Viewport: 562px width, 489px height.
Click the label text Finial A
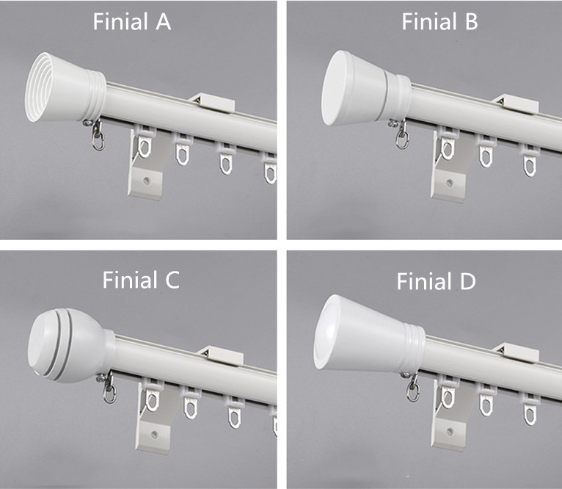[x=132, y=22]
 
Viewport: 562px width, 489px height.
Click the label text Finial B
[x=439, y=22]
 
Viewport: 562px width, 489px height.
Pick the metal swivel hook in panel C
[x=109, y=390]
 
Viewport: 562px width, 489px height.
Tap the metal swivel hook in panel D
[x=413, y=387]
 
